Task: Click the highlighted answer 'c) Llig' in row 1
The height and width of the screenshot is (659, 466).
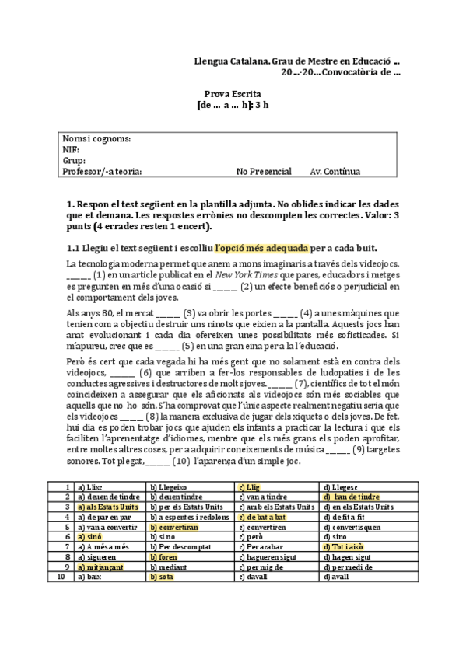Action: coord(251,486)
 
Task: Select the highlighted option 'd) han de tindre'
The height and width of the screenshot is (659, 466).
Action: coord(351,497)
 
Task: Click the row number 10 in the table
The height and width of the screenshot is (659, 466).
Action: coord(61,577)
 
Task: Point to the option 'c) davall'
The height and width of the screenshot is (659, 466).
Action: coord(253,577)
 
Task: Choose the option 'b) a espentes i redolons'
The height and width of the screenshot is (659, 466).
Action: coord(188,517)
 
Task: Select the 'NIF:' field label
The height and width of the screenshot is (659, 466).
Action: coord(71,150)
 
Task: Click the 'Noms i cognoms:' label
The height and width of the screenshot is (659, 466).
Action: coord(96,139)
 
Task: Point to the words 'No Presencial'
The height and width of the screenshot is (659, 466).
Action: coord(265,172)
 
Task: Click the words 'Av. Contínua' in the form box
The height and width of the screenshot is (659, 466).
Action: coord(335,172)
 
